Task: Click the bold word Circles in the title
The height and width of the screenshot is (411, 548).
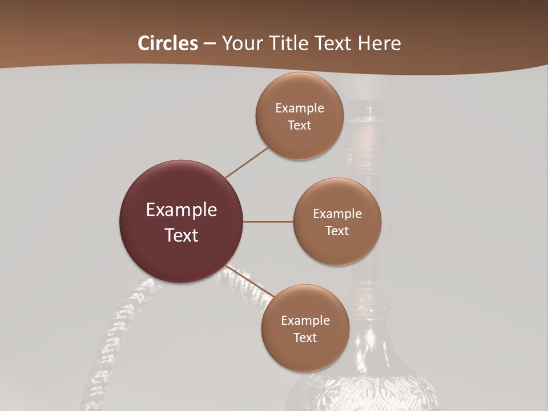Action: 168,43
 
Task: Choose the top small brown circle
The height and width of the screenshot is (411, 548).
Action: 300,137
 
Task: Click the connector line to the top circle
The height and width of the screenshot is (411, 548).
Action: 247,162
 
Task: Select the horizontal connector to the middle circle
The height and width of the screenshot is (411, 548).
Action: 268,221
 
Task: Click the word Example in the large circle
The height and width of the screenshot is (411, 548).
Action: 182,210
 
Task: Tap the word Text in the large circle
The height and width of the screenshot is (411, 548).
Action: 182,235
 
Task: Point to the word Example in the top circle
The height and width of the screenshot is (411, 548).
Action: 300,108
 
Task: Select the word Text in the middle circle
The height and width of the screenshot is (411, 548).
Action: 337,231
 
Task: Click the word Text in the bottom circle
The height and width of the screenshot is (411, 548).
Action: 305,338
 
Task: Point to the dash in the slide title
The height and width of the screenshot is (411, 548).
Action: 209,43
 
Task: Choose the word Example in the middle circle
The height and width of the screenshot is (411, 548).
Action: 337,214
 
